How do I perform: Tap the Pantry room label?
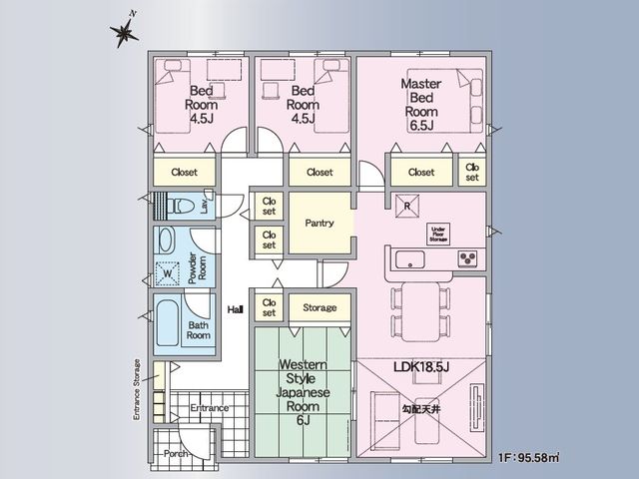pyautogui.click(x=319, y=223)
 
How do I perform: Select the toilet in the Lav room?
pyautogui.click(x=180, y=206)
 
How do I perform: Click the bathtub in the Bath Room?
pyautogui.click(x=167, y=323)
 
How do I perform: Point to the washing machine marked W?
pyautogui.click(x=168, y=273)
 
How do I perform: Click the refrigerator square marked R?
pyautogui.click(x=407, y=207)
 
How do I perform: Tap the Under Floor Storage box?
pyautogui.click(x=438, y=235)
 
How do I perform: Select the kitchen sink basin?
pyautogui.click(x=410, y=259)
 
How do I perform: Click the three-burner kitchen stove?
pyautogui.click(x=467, y=257)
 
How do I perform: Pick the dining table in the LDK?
pyautogui.click(x=421, y=311)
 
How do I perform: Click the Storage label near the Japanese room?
pyautogui.click(x=319, y=307)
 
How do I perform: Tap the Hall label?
pyautogui.click(x=236, y=310)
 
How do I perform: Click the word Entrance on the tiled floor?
pyautogui.click(x=210, y=408)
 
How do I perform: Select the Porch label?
pyautogui.click(x=176, y=453)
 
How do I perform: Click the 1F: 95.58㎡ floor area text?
pyautogui.click(x=528, y=457)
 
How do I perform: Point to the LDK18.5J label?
pyautogui.click(x=421, y=367)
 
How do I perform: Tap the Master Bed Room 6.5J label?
pyautogui.click(x=421, y=105)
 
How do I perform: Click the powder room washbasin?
pyautogui.click(x=167, y=240)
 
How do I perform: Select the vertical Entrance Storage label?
pyautogui.click(x=137, y=390)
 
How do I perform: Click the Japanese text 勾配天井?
pyautogui.click(x=421, y=409)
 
